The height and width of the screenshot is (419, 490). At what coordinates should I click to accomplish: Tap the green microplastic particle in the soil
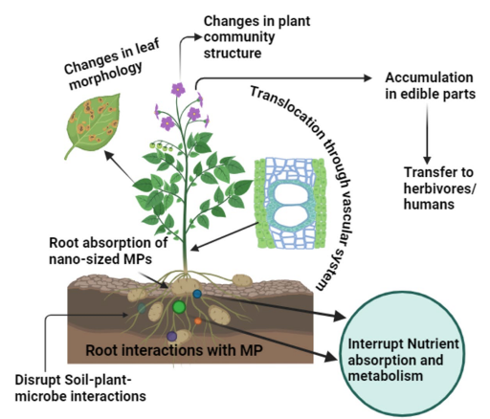tap(178, 306)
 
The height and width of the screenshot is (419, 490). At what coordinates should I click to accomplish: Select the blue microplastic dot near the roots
tap(197, 294)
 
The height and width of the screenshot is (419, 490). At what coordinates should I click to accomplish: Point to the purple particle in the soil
tap(171, 336)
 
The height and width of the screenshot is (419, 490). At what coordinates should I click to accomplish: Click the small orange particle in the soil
tap(198, 321)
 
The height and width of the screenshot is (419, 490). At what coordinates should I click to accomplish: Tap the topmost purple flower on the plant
tap(178, 89)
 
